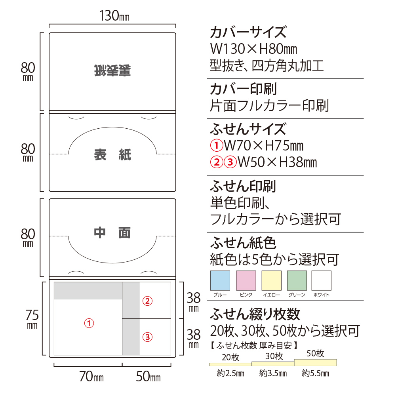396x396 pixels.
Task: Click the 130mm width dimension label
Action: (114, 16)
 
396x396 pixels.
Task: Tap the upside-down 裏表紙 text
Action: (113, 70)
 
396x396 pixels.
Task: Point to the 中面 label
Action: (112, 233)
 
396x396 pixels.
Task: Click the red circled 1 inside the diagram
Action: (89, 323)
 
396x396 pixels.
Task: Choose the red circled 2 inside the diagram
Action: (147, 301)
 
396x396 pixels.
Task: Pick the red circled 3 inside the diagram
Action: (147, 337)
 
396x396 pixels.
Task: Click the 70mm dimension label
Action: (91, 377)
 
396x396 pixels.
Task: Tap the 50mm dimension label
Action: (148, 377)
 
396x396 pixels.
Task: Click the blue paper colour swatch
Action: (220, 281)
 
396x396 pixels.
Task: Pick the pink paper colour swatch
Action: (246, 281)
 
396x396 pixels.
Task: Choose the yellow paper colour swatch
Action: (272, 281)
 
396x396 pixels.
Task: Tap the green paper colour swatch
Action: (297, 281)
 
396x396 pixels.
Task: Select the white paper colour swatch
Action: (321, 281)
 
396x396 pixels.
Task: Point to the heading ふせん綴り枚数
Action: (255, 314)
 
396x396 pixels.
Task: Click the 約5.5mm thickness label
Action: (315, 373)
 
